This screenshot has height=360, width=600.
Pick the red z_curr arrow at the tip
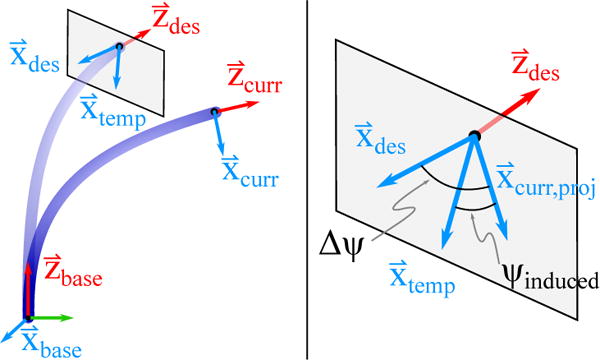pos(233,106)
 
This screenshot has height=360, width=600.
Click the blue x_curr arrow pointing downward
pos(219,132)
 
